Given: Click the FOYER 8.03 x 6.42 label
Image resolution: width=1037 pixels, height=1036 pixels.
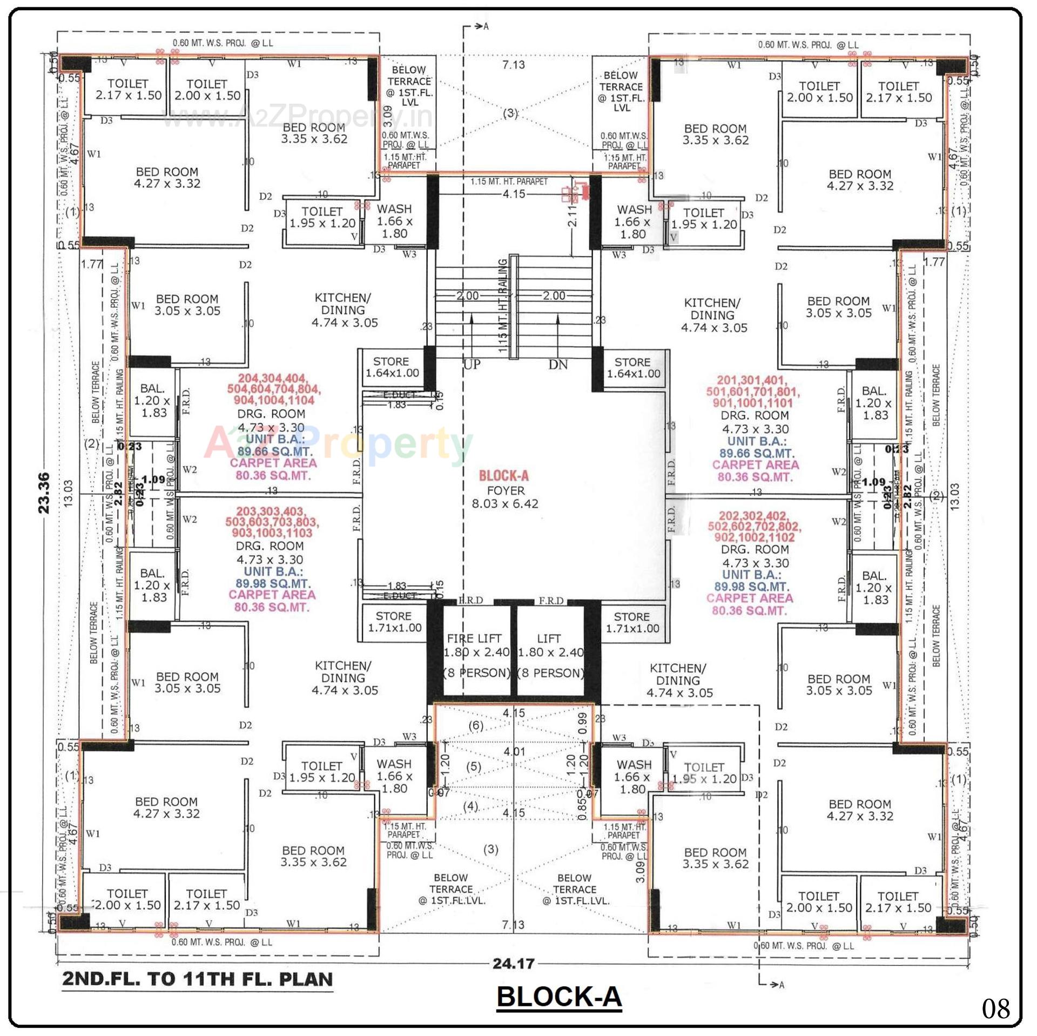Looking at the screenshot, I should point(505,497).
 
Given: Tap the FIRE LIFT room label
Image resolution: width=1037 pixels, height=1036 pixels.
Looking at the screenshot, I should point(474,638).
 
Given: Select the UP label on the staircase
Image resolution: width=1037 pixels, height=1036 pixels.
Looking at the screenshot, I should point(472,365).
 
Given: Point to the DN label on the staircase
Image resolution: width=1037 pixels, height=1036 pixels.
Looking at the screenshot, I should point(558,365).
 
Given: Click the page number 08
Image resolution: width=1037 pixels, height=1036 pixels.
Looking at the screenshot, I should point(995,1008).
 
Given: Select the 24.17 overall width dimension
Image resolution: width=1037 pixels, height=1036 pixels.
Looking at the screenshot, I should point(513,964).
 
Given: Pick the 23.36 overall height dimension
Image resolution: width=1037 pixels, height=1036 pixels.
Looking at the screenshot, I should point(44,493).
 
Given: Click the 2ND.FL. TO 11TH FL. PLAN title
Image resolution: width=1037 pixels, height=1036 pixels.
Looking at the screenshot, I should point(198,979).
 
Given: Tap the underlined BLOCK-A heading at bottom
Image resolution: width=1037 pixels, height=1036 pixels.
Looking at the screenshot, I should point(559,997).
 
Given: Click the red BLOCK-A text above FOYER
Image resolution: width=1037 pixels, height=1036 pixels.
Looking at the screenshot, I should point(503,476).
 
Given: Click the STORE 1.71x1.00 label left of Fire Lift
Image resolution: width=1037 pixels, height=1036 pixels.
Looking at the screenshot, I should point(394,622).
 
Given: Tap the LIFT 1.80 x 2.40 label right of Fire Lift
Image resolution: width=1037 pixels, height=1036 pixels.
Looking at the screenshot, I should point(550,645).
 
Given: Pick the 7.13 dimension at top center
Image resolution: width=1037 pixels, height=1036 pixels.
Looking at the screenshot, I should point(513,65).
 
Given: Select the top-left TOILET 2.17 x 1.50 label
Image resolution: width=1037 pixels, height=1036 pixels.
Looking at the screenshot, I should point(128,90).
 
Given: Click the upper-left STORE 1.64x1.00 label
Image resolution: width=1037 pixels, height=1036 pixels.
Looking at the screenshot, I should point(392,367).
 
